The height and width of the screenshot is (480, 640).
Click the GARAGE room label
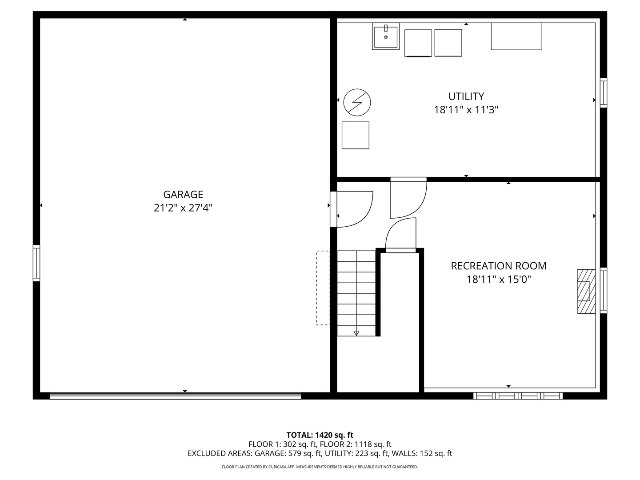[183, 194]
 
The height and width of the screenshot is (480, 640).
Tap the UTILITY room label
[466, 96]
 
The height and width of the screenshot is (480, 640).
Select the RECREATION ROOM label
[499, 266]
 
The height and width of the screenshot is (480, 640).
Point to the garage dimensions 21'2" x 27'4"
[183, 208]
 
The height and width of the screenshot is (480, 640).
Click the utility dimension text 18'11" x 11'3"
[466, 110]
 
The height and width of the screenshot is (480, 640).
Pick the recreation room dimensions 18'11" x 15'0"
[499, 280]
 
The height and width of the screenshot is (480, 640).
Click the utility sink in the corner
[386, 36]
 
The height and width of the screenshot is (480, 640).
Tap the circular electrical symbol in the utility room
[357, 102]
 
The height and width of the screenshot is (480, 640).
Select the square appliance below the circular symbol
[355, 135]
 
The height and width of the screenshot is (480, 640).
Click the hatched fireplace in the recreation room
[586, 292]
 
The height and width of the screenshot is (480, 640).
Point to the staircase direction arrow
[356, 333]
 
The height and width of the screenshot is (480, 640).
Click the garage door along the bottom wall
[176, 396]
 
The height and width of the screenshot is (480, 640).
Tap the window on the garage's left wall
[36, 263]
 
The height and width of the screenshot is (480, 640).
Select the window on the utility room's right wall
[603, 92]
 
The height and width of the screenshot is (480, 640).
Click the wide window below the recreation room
[518, 396]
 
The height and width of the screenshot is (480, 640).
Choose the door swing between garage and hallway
[353, 208]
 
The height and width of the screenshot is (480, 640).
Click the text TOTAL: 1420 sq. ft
[320, 435]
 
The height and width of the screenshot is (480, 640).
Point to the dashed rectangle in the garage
[323, 288]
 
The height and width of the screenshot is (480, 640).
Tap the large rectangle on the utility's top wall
[516, 36]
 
